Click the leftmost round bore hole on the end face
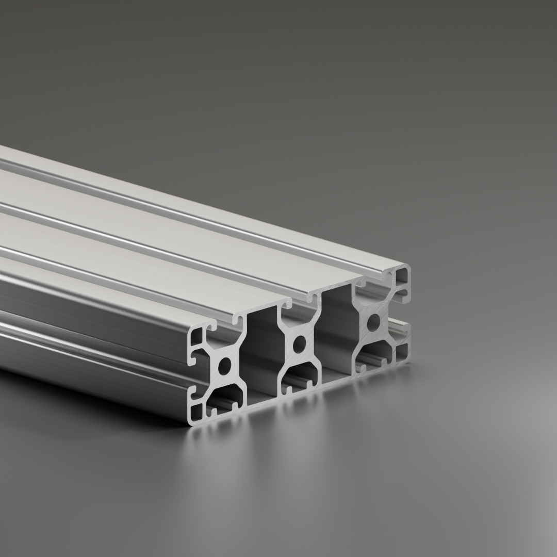[225, 367]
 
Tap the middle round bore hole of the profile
[298, 345]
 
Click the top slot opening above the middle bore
[298, 303]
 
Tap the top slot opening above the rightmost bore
[373, 282]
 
